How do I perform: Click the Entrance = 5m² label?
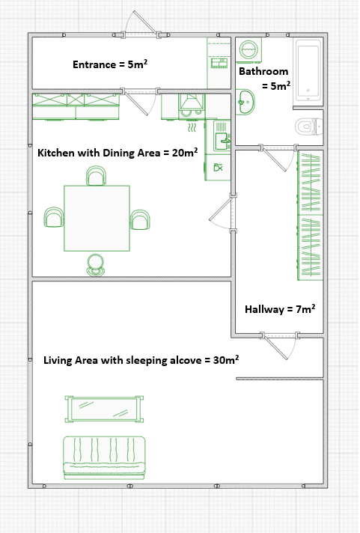pos(109,64)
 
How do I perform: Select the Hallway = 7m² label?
pos(280,308)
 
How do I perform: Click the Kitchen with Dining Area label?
pos(118,153)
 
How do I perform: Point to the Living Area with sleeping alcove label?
pos(141,360)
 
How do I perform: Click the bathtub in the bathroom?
pos(308,71)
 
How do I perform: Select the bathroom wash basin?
pos(245,102)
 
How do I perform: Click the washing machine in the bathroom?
pos(248,50)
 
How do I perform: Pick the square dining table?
pos(97,218)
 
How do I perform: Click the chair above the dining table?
pos(96,176)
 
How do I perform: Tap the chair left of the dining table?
pos(53,218)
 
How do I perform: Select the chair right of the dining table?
pos(140,219)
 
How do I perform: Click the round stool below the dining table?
pos(96,264)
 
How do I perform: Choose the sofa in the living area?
pos(105,457)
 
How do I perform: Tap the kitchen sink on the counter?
pos(223,138)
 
